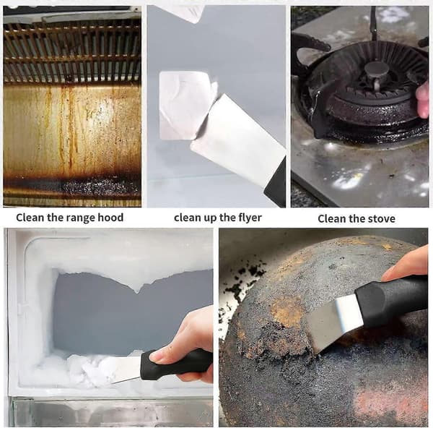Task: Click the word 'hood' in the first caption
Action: pyautogui.click(x=110, y=218)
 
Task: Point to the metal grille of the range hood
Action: pyautogui.click(x=72, y=53)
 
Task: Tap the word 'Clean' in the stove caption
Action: pyautogui.click(x=331, y=219)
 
